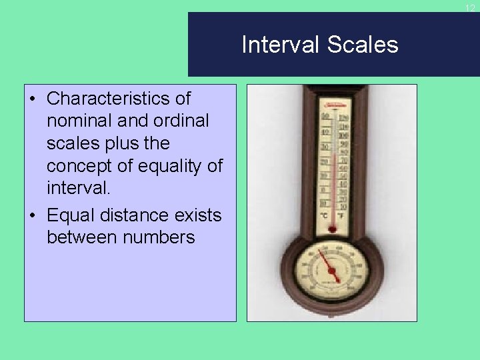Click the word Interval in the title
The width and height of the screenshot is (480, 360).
click(281, 45)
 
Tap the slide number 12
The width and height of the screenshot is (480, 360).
click(470, 8)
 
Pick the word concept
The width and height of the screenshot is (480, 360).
click(85, 166)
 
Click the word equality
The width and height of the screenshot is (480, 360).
click(175, 166)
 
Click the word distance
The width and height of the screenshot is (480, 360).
click(140, 215)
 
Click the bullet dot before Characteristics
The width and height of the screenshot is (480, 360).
click(33, 99)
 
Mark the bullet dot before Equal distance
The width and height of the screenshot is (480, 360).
click(33, 216)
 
